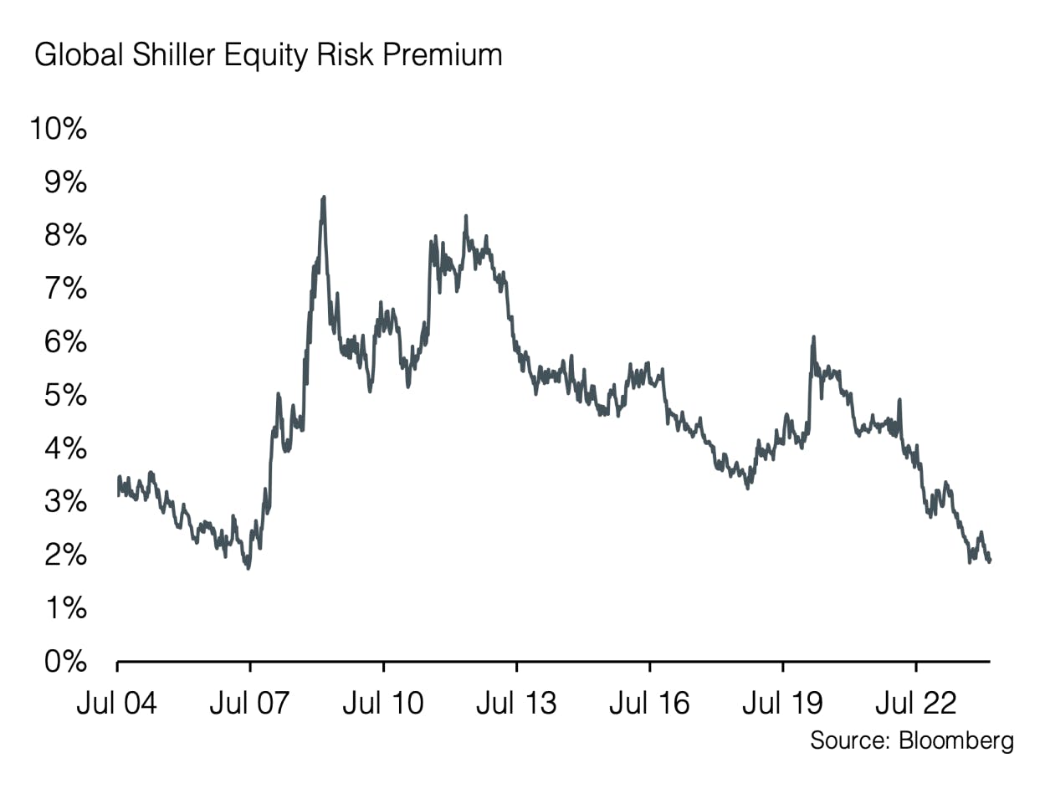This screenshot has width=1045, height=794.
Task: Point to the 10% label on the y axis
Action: click(x=58, y=130)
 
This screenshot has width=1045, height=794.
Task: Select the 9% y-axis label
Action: click(x=66, y=183)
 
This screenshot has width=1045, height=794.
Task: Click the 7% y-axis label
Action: click(x=66, y=289)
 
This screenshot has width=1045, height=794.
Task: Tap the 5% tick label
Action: click(x=66, y=396)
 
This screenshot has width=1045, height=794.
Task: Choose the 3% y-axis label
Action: click(x=66, y=502)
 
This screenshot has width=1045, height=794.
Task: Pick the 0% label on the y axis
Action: click(x=66, y=662)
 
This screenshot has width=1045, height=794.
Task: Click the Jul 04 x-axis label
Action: click(x=116, y=703)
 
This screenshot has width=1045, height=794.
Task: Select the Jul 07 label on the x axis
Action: click(x=250, y=703)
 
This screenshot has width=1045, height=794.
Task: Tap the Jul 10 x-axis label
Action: click(x=383, y=703)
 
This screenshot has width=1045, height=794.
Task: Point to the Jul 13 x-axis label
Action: click(x=516, y=703)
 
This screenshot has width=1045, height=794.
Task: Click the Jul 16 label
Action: click(x=649, y=703)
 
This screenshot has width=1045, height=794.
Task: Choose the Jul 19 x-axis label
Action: click(x=783, y=703)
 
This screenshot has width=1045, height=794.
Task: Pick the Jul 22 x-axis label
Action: click(x=916, y=703)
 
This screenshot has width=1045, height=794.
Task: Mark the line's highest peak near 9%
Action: click(x=323, y=198)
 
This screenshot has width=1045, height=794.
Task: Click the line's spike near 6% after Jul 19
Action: click(x=813, y=337)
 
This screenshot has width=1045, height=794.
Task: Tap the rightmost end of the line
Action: click(x=990, y=561)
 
